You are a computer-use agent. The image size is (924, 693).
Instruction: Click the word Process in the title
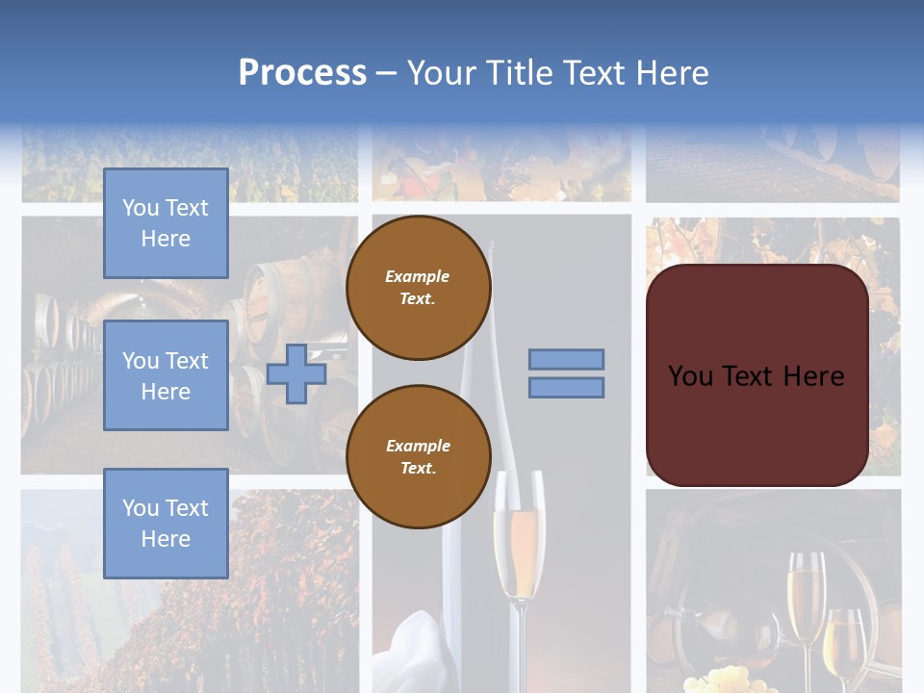[302, 73]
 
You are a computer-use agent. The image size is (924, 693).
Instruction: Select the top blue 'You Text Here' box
[166, 223]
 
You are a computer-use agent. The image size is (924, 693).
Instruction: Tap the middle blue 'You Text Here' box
[166, 375]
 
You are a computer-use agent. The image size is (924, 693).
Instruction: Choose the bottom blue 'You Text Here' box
[166, 524]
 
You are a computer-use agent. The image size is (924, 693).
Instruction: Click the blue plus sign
[296, 374]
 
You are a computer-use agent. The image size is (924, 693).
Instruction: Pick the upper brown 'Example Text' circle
[419, 288]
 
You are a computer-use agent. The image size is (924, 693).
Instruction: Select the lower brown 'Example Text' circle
[419, 457]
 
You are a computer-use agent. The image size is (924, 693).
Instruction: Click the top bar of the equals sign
[567, 360]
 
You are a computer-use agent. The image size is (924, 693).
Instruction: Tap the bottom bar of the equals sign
[567, 388]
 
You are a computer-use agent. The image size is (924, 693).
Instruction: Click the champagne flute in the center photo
[518, 549]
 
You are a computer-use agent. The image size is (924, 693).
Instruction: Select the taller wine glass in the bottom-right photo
[806, 597]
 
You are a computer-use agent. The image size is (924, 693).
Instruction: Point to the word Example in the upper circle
[418, 277]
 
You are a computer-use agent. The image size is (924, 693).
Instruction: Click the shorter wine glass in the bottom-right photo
[845, 640]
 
